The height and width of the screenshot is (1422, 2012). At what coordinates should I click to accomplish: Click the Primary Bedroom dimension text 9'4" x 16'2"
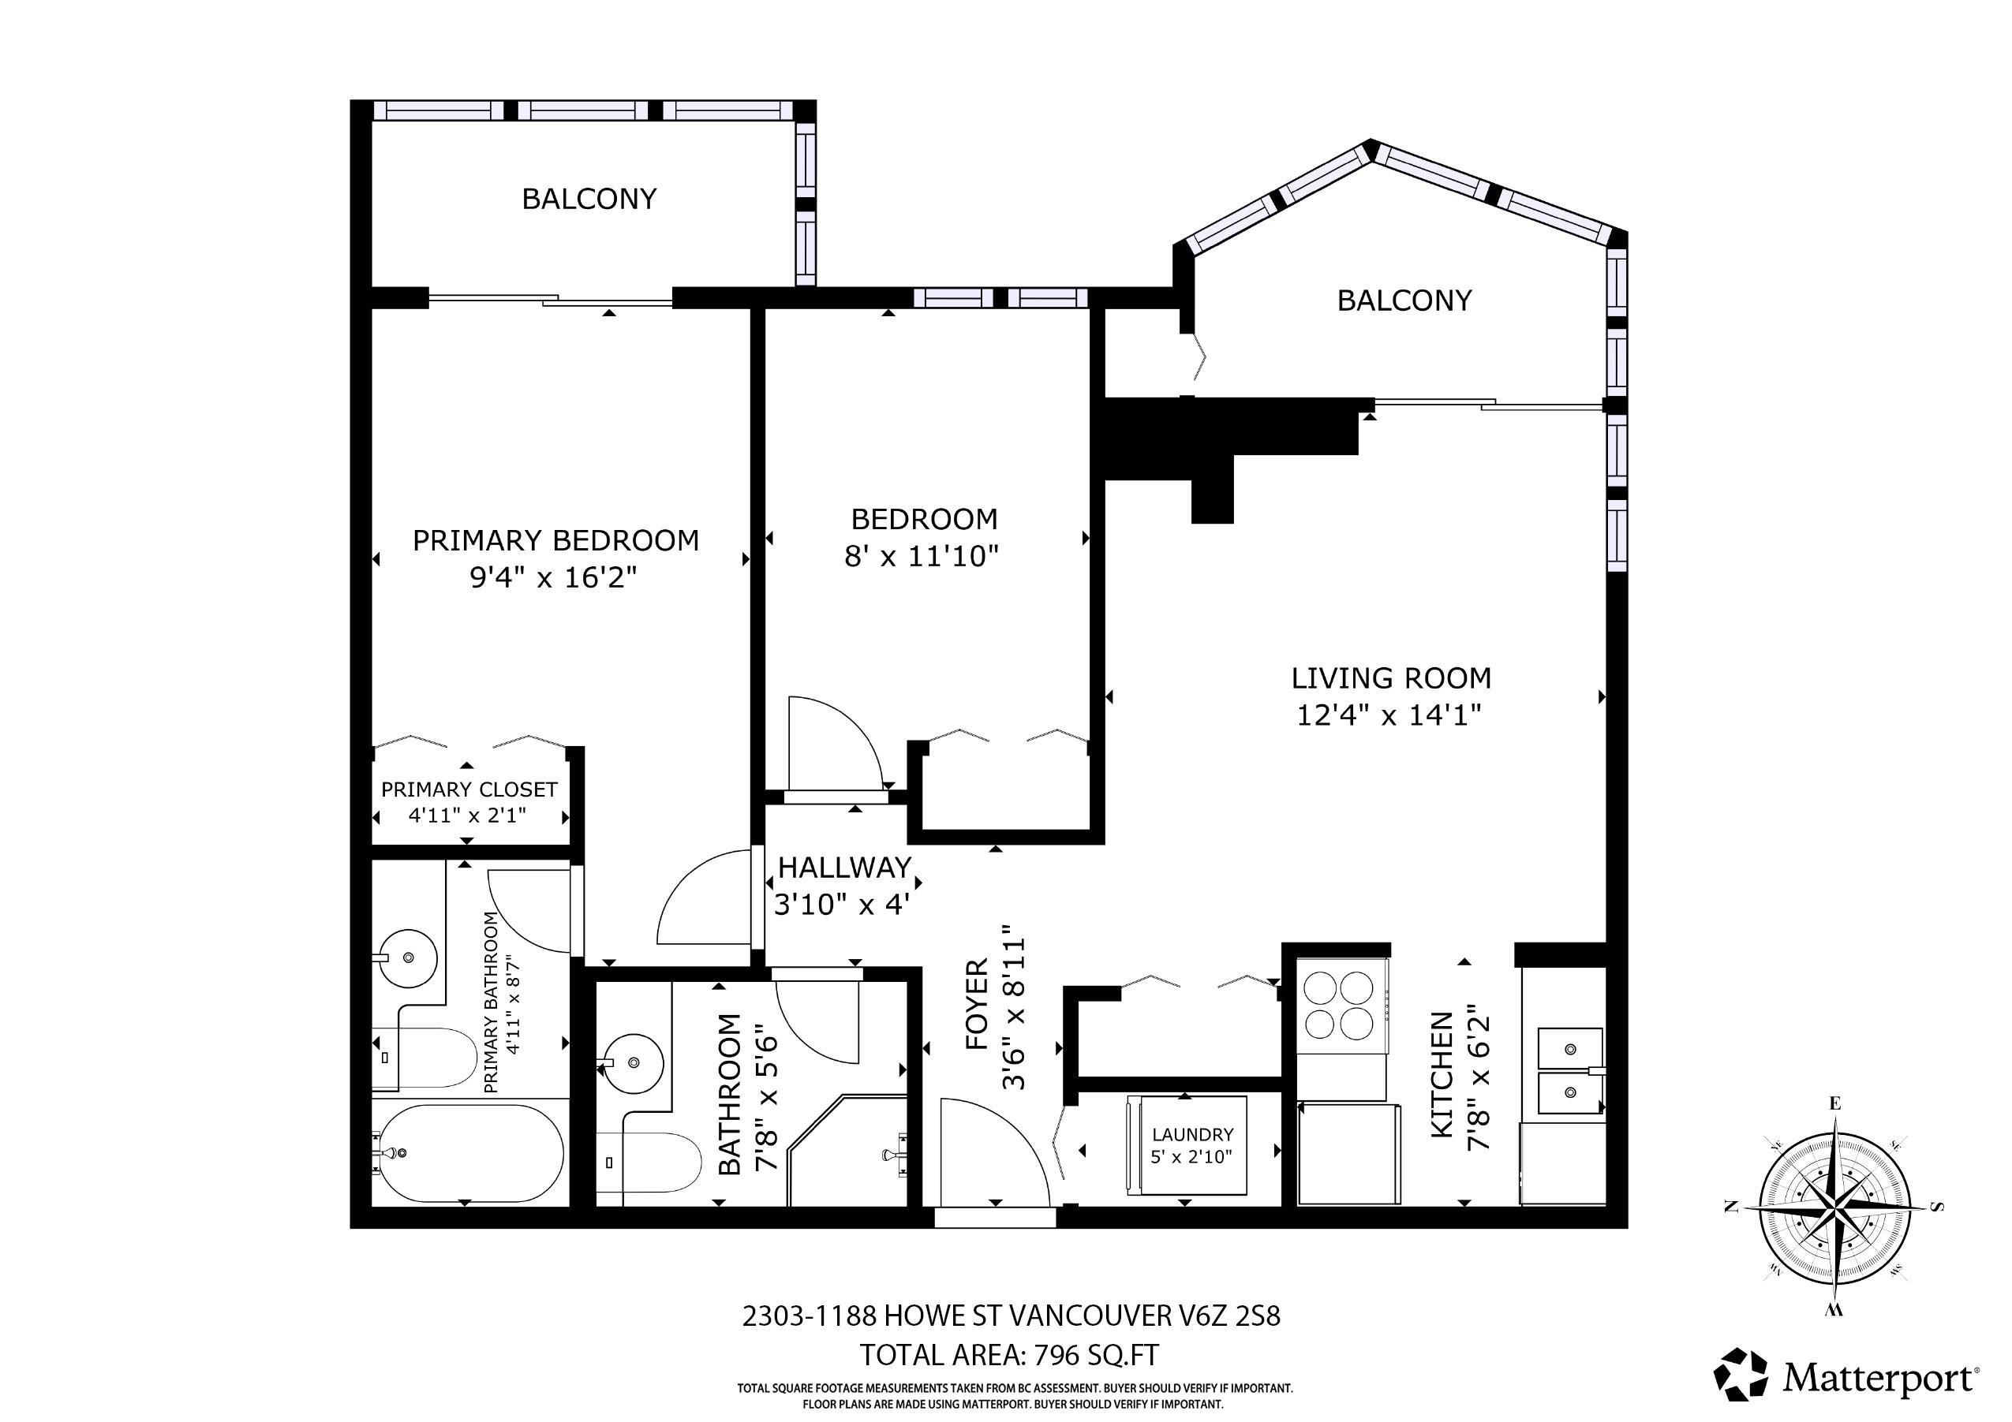552,577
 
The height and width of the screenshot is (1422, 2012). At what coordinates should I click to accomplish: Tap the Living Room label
1391,678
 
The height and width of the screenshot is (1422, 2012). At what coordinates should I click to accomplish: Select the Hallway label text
845,868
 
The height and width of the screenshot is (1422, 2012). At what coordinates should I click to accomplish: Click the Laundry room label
1191,1135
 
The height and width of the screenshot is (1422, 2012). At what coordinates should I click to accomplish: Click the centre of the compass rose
1835,1207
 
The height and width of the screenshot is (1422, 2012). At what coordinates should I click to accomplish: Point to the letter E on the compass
1835,1103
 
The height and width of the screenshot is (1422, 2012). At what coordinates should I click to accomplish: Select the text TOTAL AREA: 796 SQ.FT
1008,1354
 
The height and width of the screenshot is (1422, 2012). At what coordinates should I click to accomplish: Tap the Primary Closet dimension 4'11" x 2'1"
467,815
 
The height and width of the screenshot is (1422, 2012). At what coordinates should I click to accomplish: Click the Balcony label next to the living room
1404,300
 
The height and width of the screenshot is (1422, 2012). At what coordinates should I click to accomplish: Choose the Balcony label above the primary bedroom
589,199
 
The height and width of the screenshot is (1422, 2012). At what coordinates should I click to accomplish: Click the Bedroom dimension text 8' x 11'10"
921,555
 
